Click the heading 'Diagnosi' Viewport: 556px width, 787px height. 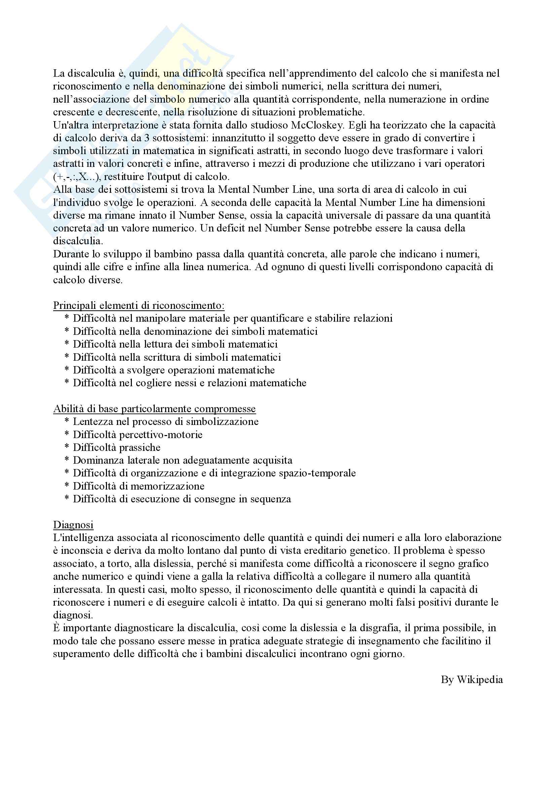73,525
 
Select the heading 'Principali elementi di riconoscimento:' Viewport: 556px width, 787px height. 139,306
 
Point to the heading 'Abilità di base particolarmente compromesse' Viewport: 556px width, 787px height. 154,408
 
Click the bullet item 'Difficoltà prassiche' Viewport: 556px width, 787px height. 116,447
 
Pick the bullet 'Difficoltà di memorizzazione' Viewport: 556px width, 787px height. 138,486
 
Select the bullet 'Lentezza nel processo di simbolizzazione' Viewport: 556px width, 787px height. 165,422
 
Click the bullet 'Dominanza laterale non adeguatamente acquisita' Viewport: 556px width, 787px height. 183,460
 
